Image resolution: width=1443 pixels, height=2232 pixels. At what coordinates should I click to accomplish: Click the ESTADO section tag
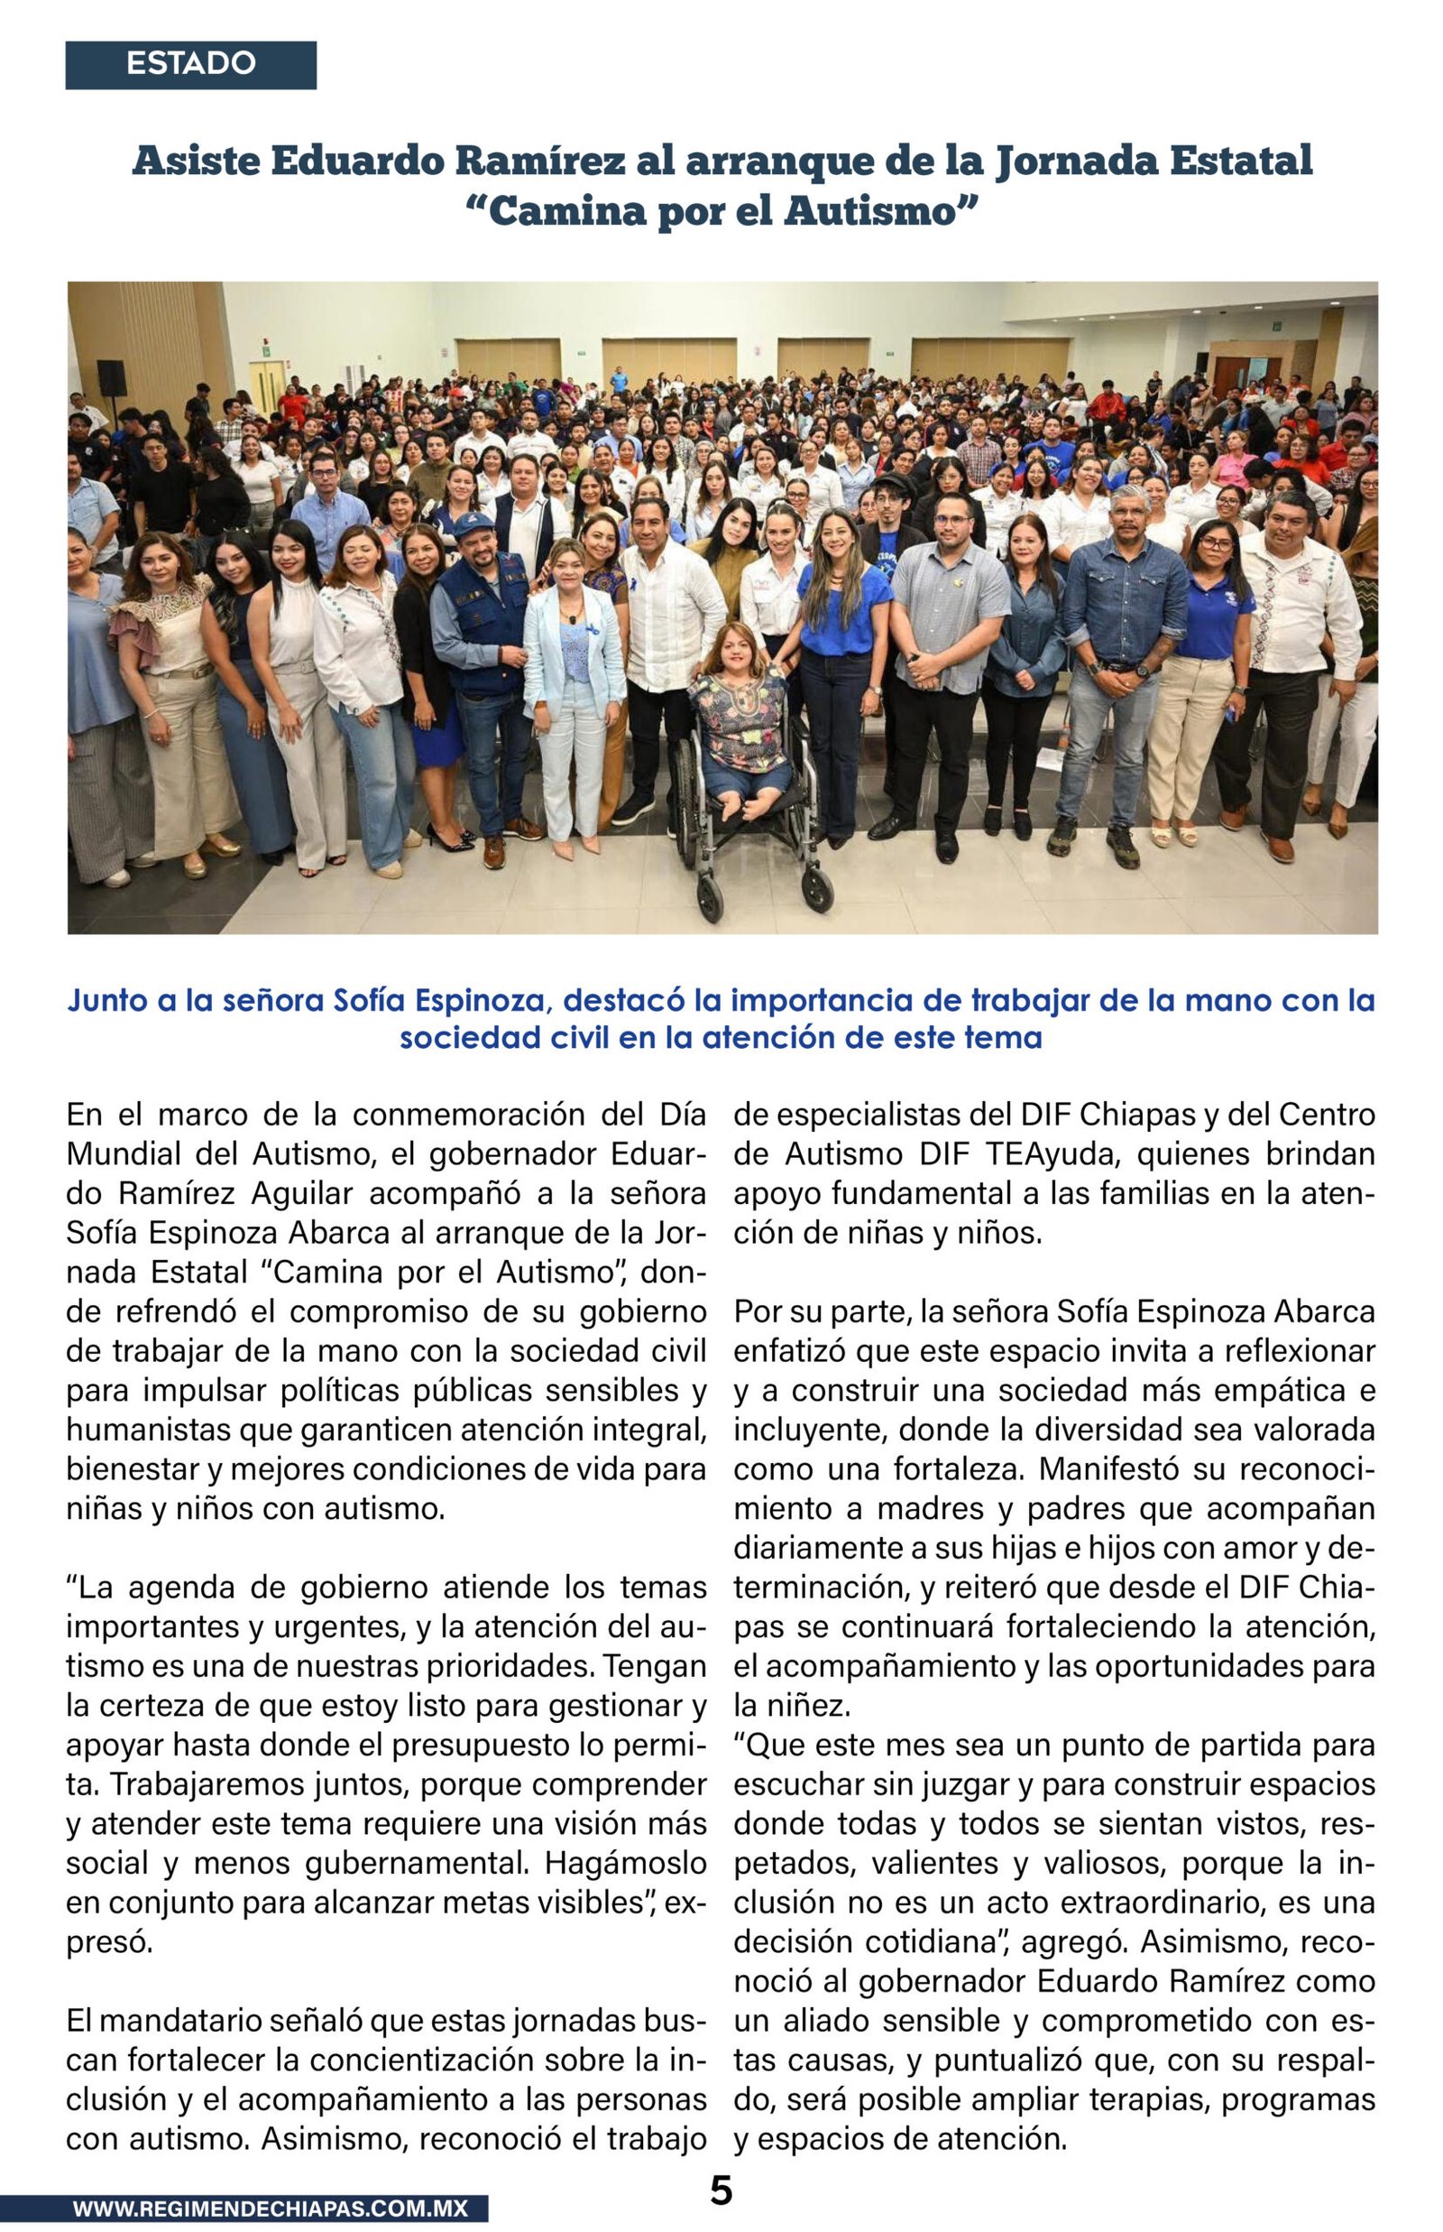click(x=190, y=65)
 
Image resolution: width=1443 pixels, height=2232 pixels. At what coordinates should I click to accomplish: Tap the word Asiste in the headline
click(x=194, y=162)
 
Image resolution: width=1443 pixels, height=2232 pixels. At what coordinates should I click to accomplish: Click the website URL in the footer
click(x=270, y=2209)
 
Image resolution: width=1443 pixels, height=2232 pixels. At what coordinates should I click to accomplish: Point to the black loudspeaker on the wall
click(x=112, y=378)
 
